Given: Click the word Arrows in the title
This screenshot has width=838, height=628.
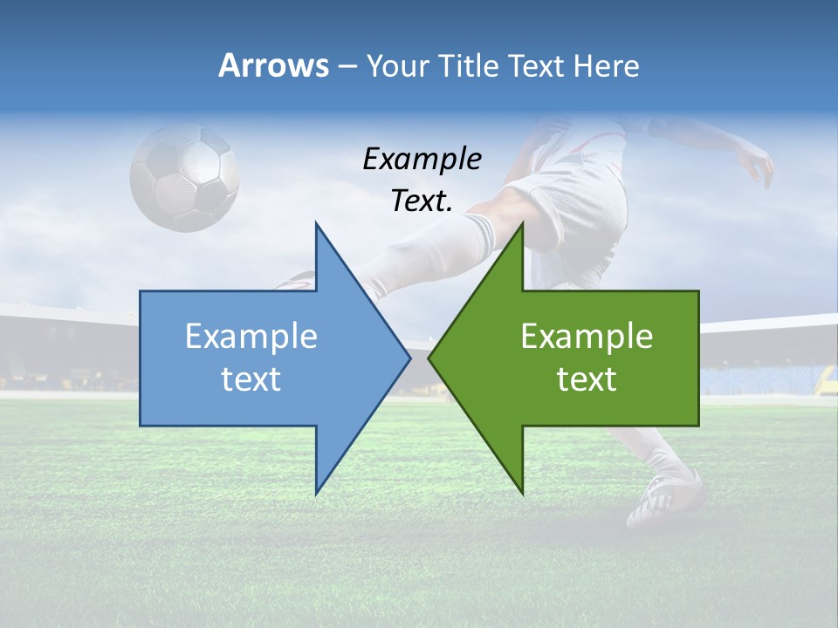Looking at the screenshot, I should (274, 65).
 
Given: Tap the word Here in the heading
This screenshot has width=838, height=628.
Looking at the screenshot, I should (606, 66).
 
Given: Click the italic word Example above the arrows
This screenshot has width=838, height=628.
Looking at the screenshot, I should (422, 159).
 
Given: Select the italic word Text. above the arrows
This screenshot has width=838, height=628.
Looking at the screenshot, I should (422, 201).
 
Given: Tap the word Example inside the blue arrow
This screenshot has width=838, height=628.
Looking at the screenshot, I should (251, 337).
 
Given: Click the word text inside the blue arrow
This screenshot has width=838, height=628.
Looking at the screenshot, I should (251, 379).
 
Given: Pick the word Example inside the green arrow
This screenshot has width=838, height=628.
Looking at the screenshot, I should (587, 337).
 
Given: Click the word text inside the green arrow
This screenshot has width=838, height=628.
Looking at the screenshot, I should (587, 379).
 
